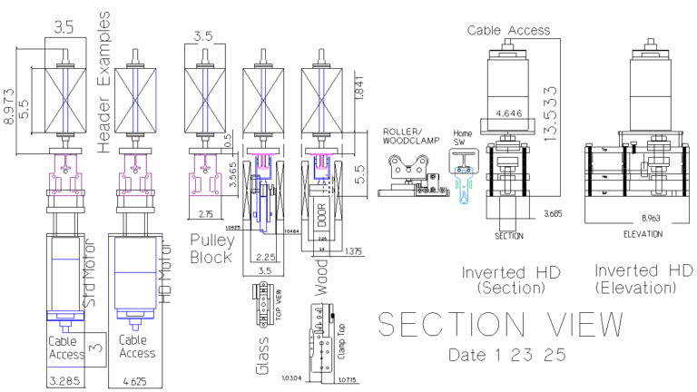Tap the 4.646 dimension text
[x=508, y=115]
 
